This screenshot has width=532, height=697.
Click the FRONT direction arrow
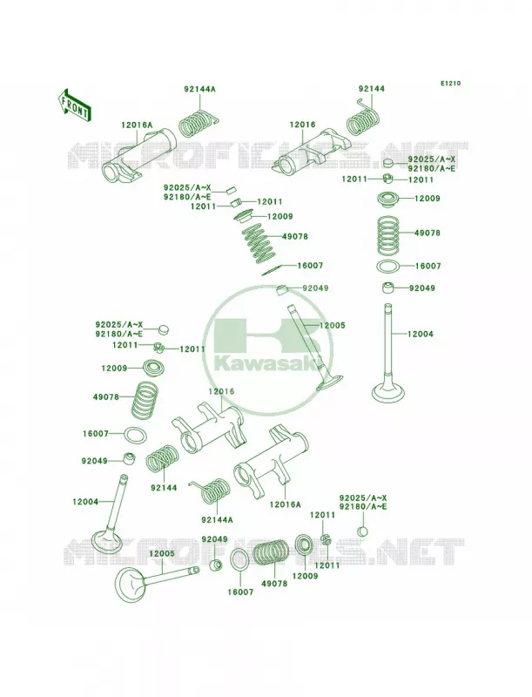74,105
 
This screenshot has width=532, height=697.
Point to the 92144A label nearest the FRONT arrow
200,89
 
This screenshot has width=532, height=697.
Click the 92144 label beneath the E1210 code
372,89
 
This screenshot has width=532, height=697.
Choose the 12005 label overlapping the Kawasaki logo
332,325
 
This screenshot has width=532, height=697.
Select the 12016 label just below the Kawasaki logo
221,391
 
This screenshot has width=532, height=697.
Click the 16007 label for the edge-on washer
311,266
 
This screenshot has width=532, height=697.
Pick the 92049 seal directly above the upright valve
389,288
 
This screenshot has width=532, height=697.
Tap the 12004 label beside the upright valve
421,334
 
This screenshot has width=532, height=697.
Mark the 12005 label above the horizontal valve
162,554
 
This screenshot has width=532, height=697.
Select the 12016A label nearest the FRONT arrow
137,125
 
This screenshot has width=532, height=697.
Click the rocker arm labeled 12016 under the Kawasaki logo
208,430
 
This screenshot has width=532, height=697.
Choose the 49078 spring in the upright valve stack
388,233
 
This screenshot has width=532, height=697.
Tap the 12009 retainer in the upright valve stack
388,199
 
